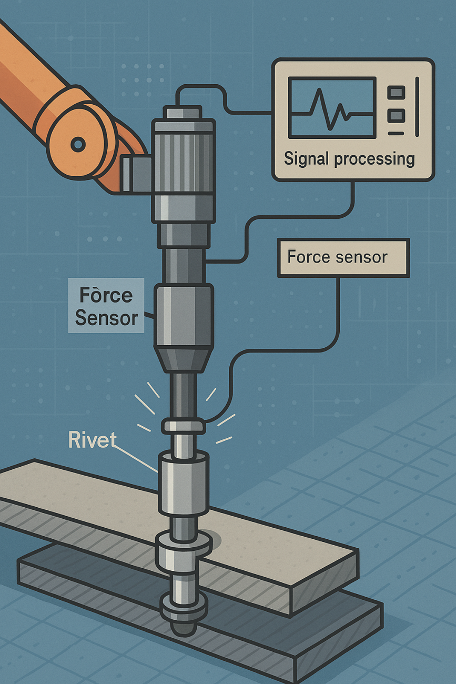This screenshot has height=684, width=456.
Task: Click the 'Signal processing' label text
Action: [349, 158]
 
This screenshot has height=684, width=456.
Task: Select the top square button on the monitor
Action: [396, 93]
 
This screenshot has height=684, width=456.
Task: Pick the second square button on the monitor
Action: [396, 115]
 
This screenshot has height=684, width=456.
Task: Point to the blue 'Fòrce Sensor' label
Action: [106, 306]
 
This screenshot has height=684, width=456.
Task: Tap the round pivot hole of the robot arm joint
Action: [78, 144]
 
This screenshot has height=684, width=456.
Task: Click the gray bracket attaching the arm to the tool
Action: [136, 173]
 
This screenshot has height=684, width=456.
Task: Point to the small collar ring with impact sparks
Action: [183, 425]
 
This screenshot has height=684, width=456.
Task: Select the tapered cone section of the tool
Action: [183, 358]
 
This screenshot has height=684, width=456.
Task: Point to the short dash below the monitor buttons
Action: [396, 133]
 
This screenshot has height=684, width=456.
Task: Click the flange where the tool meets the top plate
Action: [183, 545]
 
